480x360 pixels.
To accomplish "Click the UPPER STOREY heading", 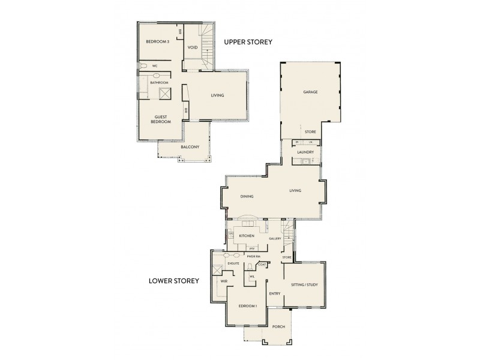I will pyautogui.click(x=248, y=43).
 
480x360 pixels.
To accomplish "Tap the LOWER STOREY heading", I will pyautogui.click(x=175, y=280).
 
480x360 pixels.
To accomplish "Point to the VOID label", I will pyautogui.click(x=193, y=47).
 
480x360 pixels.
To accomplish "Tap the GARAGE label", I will pyautogui.click(x=310, y=92).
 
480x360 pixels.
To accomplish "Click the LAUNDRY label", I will pyautogui.click(x=306, y=152).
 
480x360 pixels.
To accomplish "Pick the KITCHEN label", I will pyautogui.click(x=247, y=236).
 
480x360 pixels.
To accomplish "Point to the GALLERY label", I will pyautogui.click(x=275, y=239).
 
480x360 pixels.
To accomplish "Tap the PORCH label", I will pyautogui.click(x=278, y=327).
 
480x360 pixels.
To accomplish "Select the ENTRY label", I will pyautogui.click(x=275, y=293).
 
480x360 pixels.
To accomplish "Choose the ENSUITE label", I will pyautogui.click(x=233, y=262).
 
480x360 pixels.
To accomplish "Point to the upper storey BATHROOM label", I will pyautogui.click(x=159, y=82).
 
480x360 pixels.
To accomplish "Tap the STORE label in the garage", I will pyautogui.click(x=310, y=132).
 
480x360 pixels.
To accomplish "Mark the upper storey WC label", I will pyautogui.click(x=154, y=66).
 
